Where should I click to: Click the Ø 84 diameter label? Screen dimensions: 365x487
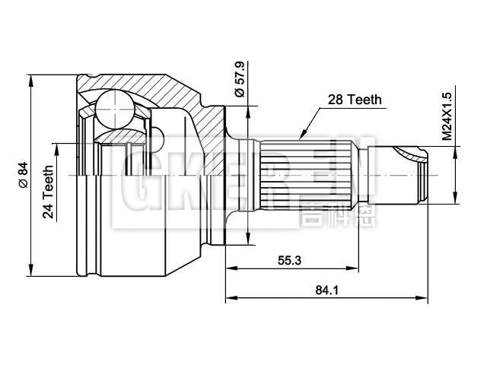[23, 176]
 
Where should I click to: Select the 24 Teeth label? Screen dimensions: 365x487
[49, 192]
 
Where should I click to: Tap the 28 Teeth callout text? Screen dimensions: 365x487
[355, 100]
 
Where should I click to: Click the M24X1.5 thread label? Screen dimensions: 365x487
[447, 116]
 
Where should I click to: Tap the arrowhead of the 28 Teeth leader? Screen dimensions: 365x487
[302, 138]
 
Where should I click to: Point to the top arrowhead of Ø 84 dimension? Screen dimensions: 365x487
[30, 78]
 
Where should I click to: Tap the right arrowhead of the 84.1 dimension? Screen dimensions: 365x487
[423, 297]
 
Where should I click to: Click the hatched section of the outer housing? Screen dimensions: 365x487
[175, 91]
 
